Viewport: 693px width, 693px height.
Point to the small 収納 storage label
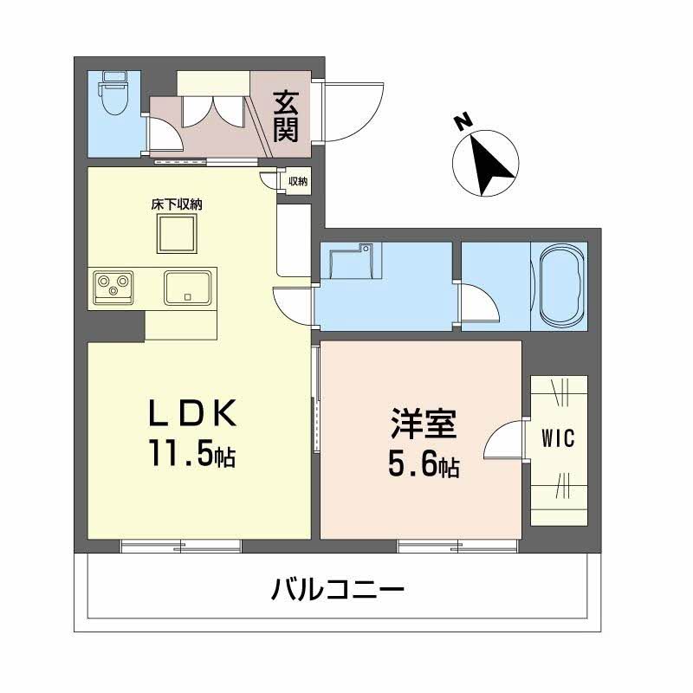297,181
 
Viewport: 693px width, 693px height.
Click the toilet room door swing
164,136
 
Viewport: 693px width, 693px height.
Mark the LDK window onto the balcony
181,546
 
